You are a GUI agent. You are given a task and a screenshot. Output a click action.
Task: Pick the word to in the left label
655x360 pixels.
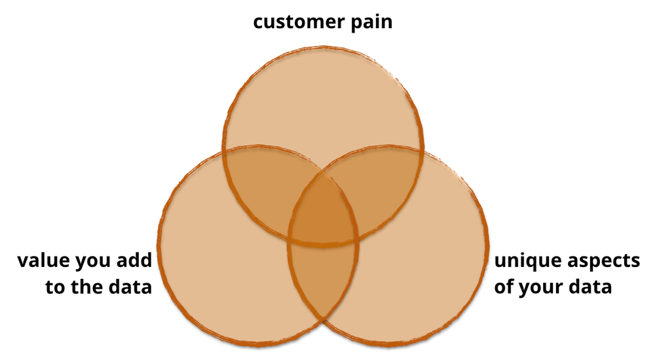[54, 287]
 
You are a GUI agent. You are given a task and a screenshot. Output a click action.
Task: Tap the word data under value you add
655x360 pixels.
[130, 287]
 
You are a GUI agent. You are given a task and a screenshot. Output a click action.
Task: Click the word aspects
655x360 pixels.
[603, 262]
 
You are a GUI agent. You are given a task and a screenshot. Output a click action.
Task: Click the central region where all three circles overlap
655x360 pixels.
[324, 213]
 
